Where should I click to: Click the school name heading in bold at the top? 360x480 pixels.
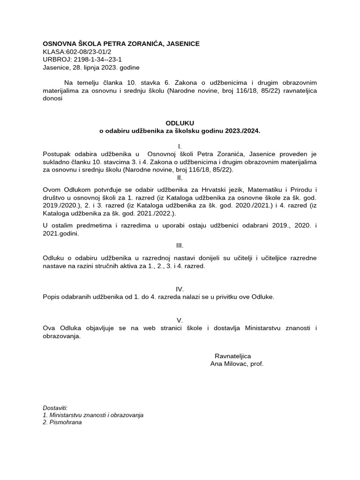pyautogui.click(x=121, y=44)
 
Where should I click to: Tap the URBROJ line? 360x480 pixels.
pyautogui.click(x=82, y=60)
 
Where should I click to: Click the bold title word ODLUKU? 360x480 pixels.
pyautogui.click(x=180, y=123)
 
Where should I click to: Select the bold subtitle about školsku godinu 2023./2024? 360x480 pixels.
pyautogui.click(x=180, y=131)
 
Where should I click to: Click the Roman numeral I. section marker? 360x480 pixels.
pyautogui.click(x=180, y=147)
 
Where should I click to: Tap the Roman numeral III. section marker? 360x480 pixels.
pyautogui.click(x=180, y=245)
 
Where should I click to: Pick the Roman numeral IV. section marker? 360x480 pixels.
pyautogui.click(x=180, y=289)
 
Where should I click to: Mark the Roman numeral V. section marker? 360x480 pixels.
pyautogui.click(x=180, y=320)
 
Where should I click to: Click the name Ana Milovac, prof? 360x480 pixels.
pyautogui.click(x=237, y=364)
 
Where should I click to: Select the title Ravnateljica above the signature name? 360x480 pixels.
pyautogui.click(x=232, y=356)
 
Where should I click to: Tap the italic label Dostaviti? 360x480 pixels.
pyautogui.click(x=55, y=408)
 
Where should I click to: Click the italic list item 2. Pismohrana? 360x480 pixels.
pyautogui.click(x=62, y=422)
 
